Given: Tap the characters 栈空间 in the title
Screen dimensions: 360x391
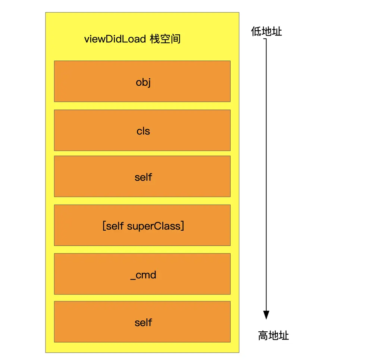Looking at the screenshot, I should (165, 39).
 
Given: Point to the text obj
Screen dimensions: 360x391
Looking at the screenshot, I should (143, 82).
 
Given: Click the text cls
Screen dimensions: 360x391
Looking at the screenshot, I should (143, 131).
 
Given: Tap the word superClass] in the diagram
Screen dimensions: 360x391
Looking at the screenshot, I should (156, 226).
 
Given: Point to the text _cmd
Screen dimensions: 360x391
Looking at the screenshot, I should (143, 275).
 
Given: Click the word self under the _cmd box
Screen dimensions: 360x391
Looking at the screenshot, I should (143, 322).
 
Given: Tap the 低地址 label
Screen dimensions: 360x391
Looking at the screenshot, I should (266, 32).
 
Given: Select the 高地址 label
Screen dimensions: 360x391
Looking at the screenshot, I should (273, 336).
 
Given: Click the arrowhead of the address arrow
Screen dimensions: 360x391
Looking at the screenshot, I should (266, 315).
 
